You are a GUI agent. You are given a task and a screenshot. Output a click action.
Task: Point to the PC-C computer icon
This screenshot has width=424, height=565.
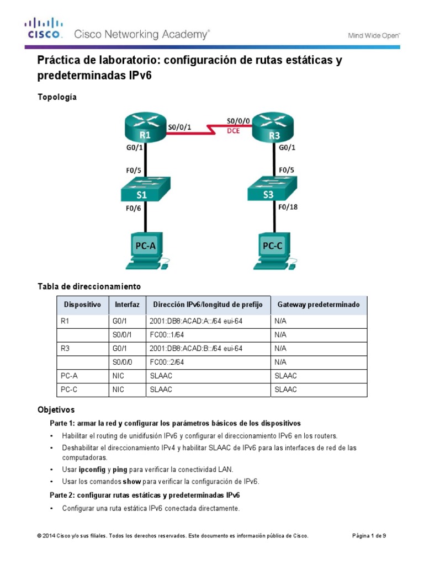tap(274, 250)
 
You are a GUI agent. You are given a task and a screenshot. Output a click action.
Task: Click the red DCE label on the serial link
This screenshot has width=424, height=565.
tap(234, 131)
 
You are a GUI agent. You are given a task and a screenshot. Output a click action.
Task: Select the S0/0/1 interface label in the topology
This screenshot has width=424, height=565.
tap(179, 126)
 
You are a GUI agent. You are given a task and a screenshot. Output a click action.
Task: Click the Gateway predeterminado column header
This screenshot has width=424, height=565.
tap(318, 305)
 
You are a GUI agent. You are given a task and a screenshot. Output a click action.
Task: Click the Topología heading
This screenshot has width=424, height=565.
tap(57, 97)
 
